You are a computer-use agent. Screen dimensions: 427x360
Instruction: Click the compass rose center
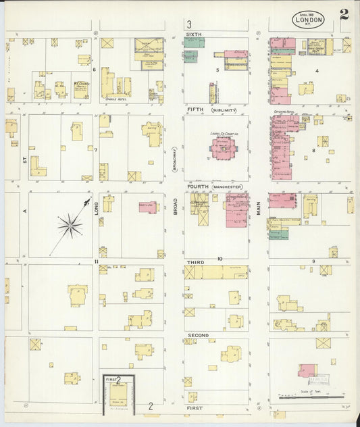[70, 226]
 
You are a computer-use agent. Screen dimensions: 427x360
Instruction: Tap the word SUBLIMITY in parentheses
[222, 109]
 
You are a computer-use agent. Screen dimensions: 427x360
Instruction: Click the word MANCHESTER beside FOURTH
[228, 186]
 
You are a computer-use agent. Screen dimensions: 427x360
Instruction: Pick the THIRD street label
[195, 261]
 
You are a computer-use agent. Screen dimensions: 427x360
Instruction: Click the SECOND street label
[197, 335]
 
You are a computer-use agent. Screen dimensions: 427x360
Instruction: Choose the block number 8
[314, 151]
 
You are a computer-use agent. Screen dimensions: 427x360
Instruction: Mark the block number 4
[316, 70]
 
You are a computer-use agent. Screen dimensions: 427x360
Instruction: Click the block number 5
[217, 70]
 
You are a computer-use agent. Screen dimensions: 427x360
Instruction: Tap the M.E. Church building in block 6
[81, 89]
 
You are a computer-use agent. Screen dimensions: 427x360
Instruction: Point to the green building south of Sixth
[191, 57]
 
